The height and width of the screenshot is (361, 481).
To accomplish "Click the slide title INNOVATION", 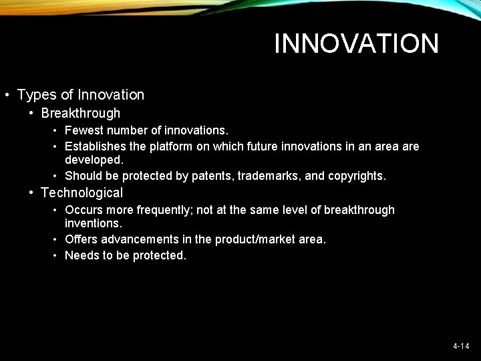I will click(356, 44).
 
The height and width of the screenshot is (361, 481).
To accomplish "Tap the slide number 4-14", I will click(461, 346).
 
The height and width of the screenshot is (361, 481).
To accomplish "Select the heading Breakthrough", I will click(80, 114).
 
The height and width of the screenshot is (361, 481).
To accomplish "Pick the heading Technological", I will click(82, 193).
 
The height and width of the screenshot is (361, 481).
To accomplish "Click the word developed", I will click(94, 160).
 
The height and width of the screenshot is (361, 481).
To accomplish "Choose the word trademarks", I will click(267, 176).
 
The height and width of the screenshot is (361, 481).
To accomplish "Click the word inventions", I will click(93, 224).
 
